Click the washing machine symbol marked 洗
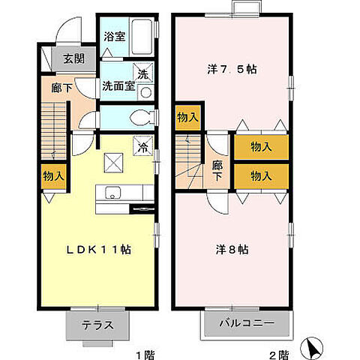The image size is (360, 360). [142, 73]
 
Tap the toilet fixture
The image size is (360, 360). [139, 118]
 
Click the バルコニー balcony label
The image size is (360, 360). [246, 325]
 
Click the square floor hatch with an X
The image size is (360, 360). [113, 159]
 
